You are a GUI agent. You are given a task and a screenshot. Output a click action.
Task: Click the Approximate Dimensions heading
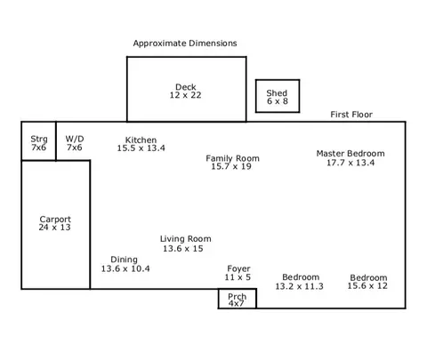[x=185, y=44]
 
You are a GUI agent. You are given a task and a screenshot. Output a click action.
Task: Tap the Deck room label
[x=186, y=87]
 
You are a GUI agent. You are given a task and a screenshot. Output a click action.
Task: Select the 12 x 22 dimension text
[x=185, y=95]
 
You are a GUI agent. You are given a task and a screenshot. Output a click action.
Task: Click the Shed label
[x=277, y=93]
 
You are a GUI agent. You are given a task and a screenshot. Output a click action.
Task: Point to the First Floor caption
[x=351, y=115]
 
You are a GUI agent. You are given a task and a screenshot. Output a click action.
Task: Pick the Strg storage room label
[x=39, y=139]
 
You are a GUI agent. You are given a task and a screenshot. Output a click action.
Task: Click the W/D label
[x=75, y=139]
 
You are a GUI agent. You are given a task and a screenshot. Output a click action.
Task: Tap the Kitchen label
[x=141, y=140]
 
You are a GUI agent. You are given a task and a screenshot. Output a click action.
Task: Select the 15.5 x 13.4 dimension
[x=141, y=148]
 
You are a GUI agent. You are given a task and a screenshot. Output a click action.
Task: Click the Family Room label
[x=232, y=158]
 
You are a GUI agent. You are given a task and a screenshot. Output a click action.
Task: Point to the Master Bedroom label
[x=350, y=154]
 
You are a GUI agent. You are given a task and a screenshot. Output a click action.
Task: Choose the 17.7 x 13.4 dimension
[x=350, y=163]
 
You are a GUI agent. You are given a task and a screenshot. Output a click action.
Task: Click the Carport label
[x=55, y=220]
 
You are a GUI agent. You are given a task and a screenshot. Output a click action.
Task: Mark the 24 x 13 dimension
[x=54, y=228]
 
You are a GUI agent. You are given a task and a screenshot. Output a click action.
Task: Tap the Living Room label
[x=186, y=239]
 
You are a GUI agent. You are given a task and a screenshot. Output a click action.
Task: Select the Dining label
[x=124, y=260]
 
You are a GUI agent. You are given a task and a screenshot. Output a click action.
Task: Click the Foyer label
[x=238, y=268]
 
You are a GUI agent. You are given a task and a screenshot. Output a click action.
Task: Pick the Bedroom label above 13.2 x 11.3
[x=301, y=277]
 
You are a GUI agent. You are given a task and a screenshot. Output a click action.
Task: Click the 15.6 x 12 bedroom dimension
[x=367, y=286]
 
